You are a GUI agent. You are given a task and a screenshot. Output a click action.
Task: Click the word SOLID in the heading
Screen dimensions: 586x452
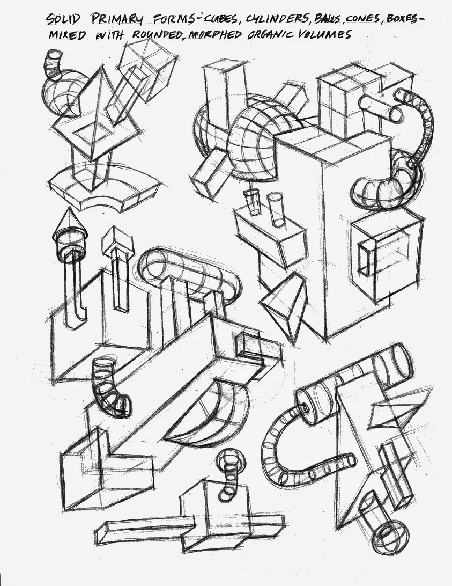63,19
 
